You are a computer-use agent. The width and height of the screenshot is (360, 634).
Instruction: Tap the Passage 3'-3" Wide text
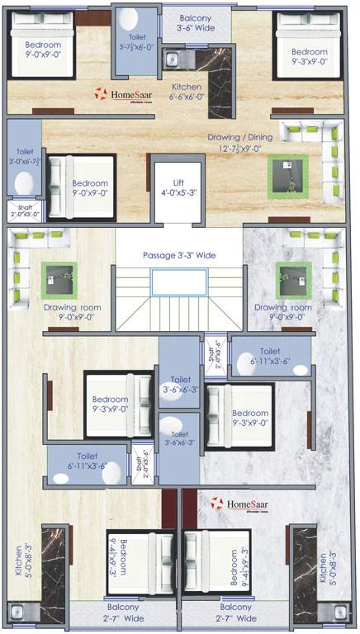coord(179,256)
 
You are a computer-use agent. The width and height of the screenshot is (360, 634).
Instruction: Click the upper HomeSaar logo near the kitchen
coord(125,95)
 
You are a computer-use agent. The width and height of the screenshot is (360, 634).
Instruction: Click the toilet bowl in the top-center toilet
coord(128,22)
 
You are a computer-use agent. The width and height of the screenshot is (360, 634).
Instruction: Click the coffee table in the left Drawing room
coord(59,279)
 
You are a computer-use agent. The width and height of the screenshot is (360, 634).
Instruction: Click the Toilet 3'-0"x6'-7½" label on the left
coord(22,157)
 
